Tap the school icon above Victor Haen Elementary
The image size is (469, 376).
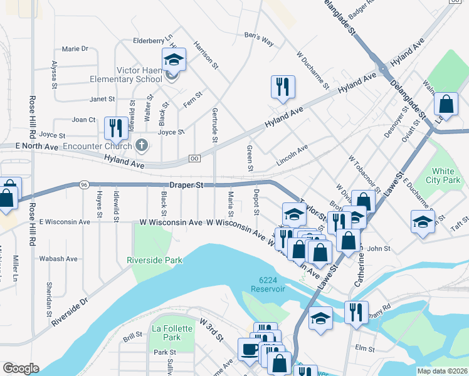[x=174, y=60]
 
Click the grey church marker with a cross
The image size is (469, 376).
[x=142, y=146]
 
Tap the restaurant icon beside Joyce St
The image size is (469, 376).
[x=115, y=128]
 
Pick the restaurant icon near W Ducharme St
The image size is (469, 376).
[x=283, y=86]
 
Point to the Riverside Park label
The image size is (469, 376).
[x=154, y=259]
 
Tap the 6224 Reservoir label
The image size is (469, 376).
[x=268, y=285]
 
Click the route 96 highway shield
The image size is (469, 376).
[x=83, y=185]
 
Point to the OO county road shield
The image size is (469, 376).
[x=194, y=159]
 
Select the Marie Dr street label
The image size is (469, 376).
[x=75, y=48]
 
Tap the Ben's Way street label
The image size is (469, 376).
[x=259, y=39]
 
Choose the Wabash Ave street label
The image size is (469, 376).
[x=58, y=258]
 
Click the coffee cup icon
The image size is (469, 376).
[x=250, y=350]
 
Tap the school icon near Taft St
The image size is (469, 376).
[x=423, y=222]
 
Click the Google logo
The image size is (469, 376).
[x=21, y=368]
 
